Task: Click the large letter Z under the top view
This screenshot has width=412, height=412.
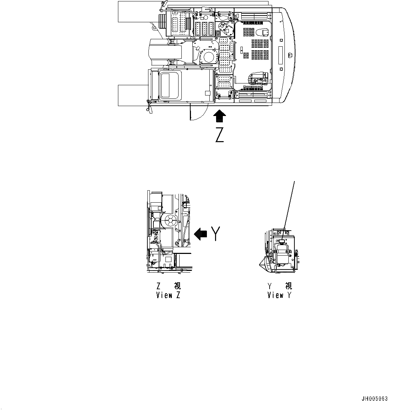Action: (x=220, y=135)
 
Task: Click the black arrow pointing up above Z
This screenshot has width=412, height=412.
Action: (x=220, y=116)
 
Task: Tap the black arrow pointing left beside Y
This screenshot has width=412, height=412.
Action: (x=201, y=234)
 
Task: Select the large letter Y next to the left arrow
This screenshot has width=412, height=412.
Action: (x=216, y=234)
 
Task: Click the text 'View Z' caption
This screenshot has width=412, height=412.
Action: (x=168, y=295)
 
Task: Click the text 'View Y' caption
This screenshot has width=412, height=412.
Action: (x=280, y=295)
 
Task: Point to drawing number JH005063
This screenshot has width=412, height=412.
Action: (x=375, y=399)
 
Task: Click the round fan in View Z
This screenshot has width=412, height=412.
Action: (x=170, y=220)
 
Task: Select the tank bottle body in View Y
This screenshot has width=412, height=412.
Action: (x=282, y=255)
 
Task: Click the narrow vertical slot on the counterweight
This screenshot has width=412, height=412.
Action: (x=281, y=55)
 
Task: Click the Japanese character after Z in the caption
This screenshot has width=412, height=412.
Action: (x=177, y=286)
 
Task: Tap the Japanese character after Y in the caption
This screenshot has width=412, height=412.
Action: (x=288, y=286)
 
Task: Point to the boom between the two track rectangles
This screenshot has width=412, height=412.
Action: (x=167, y=53)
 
